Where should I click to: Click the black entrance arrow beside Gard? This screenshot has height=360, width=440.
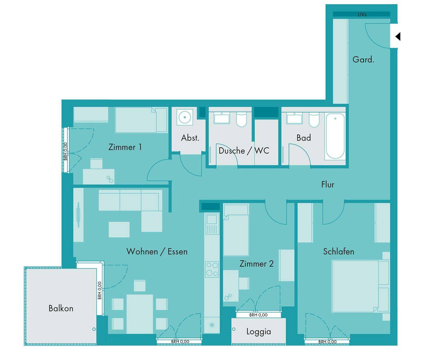click(398, 37)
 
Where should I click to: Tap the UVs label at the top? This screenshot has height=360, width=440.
click(362, 15)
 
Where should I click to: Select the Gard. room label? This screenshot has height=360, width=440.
click(363, 60)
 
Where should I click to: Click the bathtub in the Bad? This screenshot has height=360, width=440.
click(335, 136)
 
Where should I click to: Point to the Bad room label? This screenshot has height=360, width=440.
click(303, 138)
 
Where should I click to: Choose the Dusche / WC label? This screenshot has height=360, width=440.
click(244, 151)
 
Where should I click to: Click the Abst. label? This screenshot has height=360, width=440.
click(190, 138)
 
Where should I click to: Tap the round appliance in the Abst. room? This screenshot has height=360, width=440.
click(185, 117)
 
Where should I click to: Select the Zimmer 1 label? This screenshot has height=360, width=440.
click(125, 147)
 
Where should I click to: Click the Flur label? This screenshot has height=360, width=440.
click(328, 184)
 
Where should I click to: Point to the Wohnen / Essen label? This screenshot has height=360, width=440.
click(157, 252)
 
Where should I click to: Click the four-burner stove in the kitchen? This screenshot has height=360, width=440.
click(212, 269)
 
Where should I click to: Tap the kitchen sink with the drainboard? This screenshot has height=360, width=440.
click(212, 224)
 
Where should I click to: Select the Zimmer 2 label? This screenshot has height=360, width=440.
click(256, 264)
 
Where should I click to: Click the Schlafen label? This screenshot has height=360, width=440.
click(339, 252)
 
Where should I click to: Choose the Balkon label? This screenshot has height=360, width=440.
click(61, 308)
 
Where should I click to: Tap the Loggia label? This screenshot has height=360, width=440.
click(259, 331)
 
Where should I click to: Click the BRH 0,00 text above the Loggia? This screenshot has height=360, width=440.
click(258, 315)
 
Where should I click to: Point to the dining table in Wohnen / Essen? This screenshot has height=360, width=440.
click(140, 314)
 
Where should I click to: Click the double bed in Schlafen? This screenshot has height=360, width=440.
click(361, 286)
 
